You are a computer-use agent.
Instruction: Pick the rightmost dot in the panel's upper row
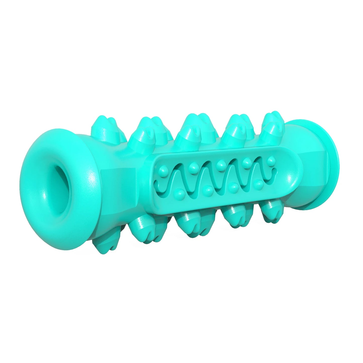tap(271, 160)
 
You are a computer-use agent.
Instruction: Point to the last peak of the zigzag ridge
tap(259, 161)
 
